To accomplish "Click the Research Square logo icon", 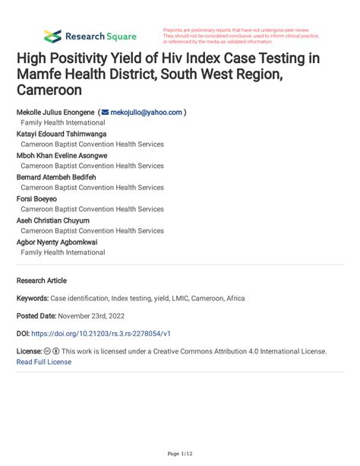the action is pyautogui.click(x=52, y=36).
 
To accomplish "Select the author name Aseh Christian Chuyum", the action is pyautogui.click(x=53, y=220).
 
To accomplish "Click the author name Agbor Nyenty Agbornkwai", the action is pyautogui.click(x=57, y=243).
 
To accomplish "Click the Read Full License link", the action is pyautogui.click(x=43, y=362).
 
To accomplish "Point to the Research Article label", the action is pyautogui.click(x=42, y=280).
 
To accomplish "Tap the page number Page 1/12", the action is pyautogui.click(x=179, y=454).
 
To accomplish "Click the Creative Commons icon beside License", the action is pyautogui.click(x=47, y=352).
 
